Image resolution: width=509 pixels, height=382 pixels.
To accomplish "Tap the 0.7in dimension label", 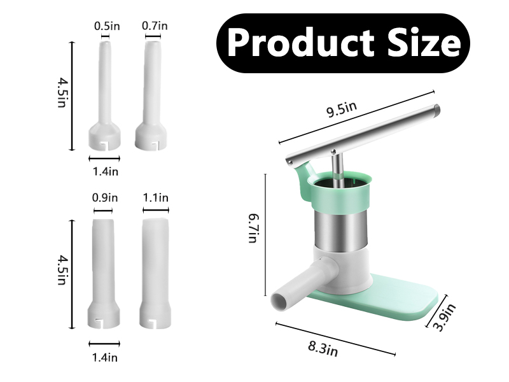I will pyautogui.click(x=155, y=26).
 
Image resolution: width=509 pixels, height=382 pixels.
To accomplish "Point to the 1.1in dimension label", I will pyautogui.click(x=155, y=198).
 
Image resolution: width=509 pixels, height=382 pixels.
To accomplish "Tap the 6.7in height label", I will pyautogui.click(x=253, y=228).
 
